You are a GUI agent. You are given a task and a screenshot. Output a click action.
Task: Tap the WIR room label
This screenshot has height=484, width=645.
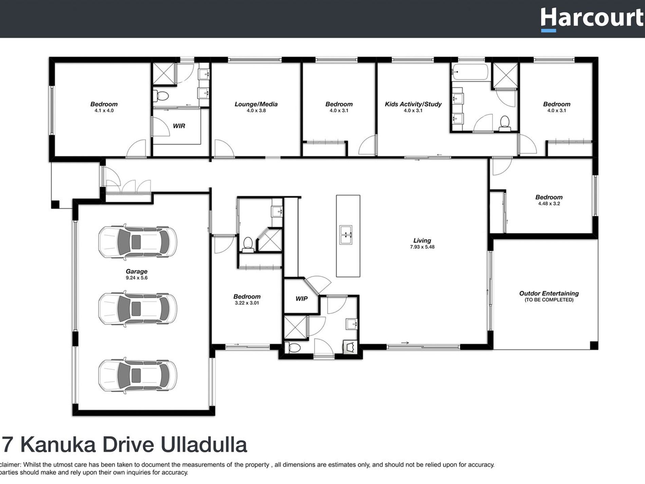point(179,126)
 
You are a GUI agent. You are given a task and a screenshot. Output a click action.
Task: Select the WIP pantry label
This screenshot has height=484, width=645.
point(301,299)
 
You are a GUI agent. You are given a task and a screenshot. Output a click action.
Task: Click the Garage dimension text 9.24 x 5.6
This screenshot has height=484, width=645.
point(136,278)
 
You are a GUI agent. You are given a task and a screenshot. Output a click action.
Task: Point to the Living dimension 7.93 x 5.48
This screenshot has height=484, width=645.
point(422,247)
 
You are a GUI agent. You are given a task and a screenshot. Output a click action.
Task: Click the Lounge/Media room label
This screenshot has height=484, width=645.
point(256,104)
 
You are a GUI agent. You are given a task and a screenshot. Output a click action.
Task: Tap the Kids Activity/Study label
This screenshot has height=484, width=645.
point(413,104)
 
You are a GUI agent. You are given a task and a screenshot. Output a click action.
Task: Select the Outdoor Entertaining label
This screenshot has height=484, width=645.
point(549,293)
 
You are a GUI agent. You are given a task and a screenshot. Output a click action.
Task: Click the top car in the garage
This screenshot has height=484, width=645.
point(137,242)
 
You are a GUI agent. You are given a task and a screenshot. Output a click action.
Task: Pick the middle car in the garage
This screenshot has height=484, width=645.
point(137,308)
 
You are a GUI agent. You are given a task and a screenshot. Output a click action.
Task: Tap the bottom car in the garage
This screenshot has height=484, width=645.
point(137,375)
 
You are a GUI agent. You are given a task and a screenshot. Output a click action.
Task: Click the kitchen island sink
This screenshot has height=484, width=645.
point(346,234)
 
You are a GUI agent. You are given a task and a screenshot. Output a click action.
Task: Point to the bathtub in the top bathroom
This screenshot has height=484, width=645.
point(470,72)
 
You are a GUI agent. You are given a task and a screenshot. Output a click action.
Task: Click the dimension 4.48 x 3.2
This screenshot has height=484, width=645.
point(549,204)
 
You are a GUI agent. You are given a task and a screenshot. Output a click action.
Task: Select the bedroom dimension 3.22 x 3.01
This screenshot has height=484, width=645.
point(247,303)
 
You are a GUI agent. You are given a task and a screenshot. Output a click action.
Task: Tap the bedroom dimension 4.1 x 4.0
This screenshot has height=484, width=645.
point(104,111)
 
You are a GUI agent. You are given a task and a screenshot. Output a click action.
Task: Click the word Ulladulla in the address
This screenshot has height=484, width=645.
point(203,445)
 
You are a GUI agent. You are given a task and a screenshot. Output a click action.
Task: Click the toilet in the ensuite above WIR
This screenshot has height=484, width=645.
point(161,96)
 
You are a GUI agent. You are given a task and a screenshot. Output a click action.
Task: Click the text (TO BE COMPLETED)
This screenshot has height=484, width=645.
point(549,300)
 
